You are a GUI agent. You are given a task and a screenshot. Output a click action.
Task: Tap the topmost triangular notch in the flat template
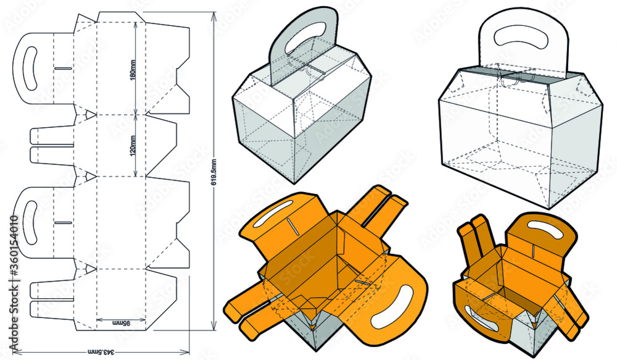[x=90, y=114]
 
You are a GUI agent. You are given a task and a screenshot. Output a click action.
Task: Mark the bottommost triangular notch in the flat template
[x=90, y=267]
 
